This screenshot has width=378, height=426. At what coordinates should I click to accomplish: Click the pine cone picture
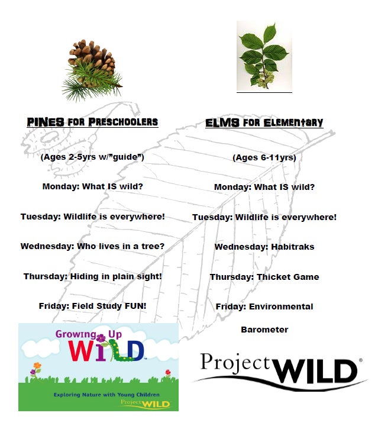(92, 70)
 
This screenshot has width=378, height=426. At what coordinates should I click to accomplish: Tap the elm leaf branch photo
(264, 56)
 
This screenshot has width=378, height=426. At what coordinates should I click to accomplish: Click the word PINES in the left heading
(46, 122)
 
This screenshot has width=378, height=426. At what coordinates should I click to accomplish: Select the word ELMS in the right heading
(222, 123)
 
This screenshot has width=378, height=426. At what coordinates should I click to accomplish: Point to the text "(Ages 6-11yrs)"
(264, 157)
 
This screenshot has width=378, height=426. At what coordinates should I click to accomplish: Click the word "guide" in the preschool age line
(125, 157)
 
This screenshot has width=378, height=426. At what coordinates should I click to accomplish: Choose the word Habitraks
(293, 247)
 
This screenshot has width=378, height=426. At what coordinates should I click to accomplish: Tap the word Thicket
(273, 277)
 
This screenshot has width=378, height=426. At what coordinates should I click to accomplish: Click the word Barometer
(264, 330)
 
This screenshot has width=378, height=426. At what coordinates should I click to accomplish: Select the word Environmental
(281, 306)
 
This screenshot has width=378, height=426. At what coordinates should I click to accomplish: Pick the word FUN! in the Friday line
(135, 306)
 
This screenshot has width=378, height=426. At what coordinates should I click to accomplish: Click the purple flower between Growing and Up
(101, 338)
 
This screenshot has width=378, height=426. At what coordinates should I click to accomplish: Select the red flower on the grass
(168, 373)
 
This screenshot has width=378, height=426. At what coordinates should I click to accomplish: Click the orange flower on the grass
(37, 366)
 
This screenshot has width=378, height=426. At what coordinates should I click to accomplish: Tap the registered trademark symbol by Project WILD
(361, 360)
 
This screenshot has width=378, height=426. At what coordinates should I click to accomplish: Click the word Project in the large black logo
(235, 363)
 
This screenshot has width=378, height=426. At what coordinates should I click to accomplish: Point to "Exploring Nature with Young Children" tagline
(106, 395)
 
